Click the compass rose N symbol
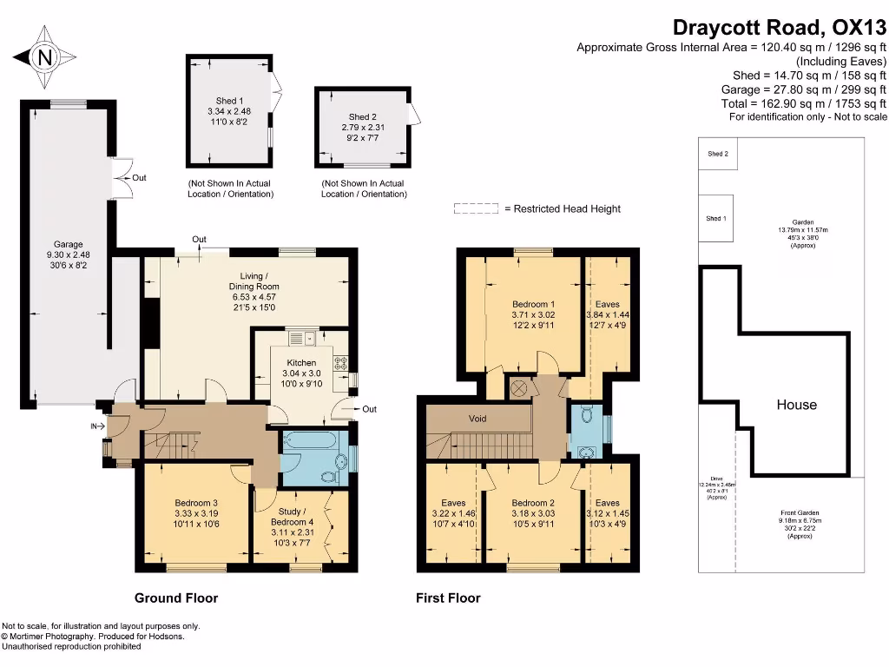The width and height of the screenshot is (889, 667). [44, 58]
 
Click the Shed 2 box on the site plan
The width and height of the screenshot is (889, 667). [717, 154]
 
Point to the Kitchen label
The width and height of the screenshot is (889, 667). [302, 363]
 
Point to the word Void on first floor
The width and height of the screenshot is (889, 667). [477, 419]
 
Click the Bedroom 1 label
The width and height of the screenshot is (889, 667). [533, 304]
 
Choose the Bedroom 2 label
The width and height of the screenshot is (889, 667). [532, 503]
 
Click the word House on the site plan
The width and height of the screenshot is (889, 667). [796, 405]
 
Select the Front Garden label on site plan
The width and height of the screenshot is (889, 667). [799, 513]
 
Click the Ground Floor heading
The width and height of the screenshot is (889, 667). [176, 598]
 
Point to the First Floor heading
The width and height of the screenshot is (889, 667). [448, 598]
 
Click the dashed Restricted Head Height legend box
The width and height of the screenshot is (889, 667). [476, 208]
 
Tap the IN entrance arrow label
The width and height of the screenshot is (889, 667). [95, 426]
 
